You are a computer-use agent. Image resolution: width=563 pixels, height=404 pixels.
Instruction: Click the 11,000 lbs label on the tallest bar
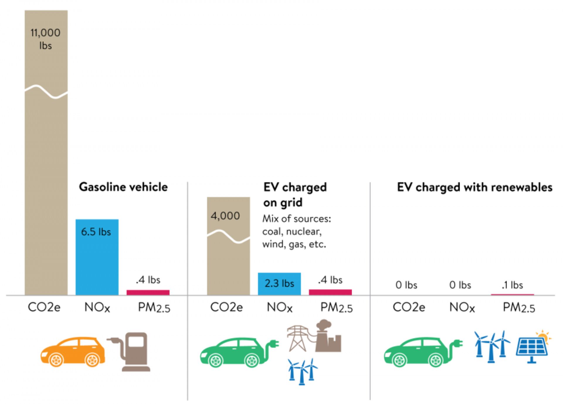(45, 39)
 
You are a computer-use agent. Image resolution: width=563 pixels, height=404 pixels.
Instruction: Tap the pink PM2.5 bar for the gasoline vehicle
(148, 292)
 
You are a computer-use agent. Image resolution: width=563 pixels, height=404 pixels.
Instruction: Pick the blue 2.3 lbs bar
(279, 284)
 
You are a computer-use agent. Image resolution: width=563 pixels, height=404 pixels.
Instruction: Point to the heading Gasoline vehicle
(123, 187)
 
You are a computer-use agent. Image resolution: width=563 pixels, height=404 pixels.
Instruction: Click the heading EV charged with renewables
(474, 187)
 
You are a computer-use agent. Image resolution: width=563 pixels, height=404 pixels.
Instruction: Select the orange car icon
(73, 352)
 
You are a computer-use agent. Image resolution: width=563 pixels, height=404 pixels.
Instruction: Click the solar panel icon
(532, 348)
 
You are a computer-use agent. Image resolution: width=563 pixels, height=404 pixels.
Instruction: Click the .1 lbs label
(512, 285)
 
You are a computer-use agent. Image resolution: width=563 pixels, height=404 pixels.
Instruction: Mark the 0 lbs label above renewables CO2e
(406, 285)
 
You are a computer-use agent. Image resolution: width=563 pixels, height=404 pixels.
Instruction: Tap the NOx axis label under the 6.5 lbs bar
(97, 307)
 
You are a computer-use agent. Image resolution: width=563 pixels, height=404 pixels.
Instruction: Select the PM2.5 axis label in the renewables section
(519, 308)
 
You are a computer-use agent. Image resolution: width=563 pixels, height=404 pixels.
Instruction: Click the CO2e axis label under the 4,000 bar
(226, 307)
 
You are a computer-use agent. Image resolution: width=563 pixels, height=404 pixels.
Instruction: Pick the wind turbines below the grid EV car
(302, 371)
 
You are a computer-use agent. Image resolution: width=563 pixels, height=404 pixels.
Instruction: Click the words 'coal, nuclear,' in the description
(292, 232)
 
